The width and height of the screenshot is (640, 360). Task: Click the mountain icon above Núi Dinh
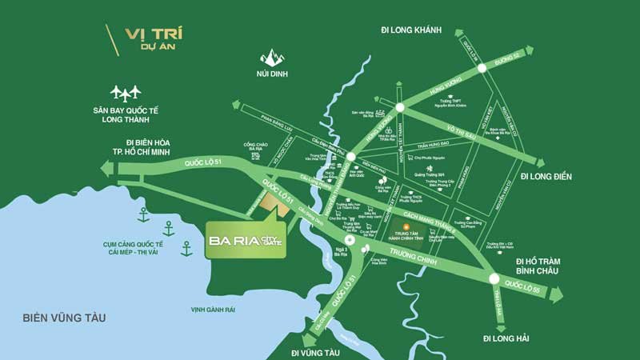(x=273, y=57)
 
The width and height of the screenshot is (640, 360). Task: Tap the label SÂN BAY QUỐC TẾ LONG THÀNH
(x=126, y=115)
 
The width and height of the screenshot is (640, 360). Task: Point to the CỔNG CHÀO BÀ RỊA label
(x=255, y=147)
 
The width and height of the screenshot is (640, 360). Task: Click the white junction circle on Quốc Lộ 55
(x=494, y=279)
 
